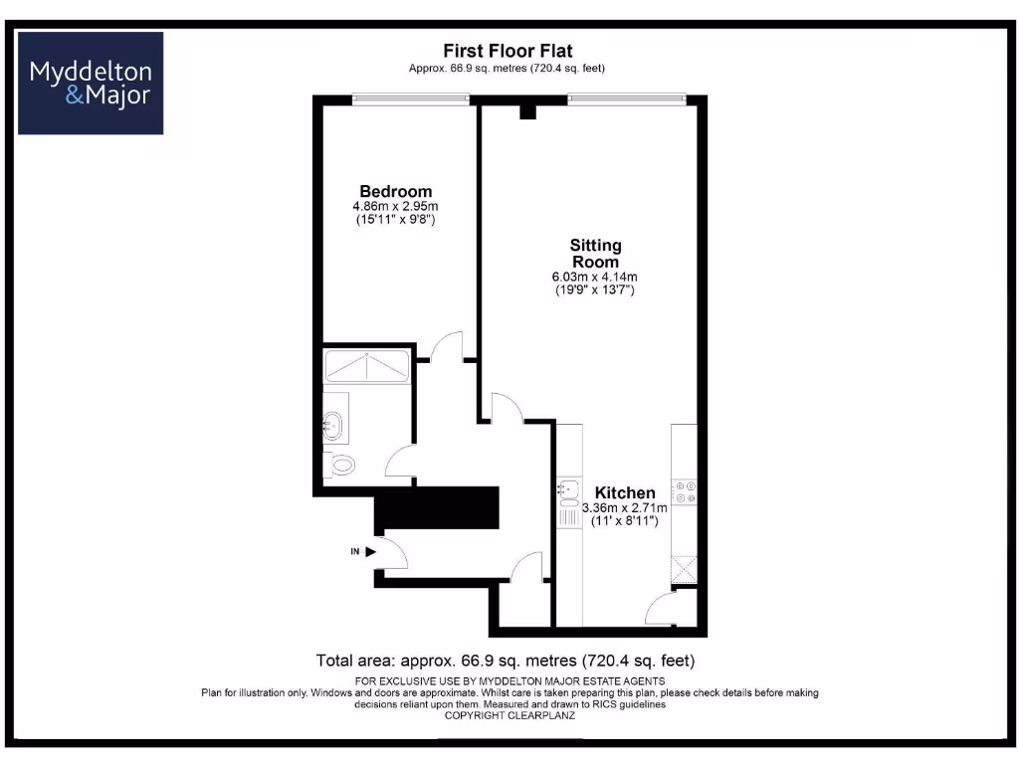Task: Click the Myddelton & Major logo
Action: tap(91, 84)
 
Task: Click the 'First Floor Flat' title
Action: tap(508, 51)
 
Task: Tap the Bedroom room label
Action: tap(396, 191)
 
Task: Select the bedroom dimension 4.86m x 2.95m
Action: tap(396, 206)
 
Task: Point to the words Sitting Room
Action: tap(595, 253)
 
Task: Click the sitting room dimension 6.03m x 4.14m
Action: tap(595, 277)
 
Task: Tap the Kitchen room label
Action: tap(625, 492)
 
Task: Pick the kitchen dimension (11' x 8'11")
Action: tap(625, 520)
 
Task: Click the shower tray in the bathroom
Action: tap(365, 366)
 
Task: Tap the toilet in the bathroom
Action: tap(340, 464)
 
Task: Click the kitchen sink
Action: tap(569, 489)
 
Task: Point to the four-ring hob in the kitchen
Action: tap(685, 491)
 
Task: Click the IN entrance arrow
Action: tap(370, 550)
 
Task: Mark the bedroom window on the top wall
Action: tap(410, 97)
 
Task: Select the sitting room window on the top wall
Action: tap(626, 97)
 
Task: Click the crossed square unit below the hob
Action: tap(685, 569)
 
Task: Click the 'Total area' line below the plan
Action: tap(505, 661)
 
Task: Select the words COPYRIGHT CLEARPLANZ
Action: tap(509, 715)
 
